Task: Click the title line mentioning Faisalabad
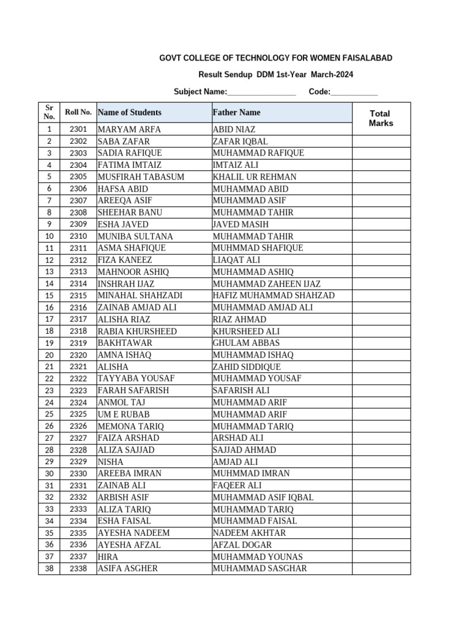pos(275,58)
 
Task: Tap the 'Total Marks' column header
pos(381,118)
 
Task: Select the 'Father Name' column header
pos(236,113)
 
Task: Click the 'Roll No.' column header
pos(78,113)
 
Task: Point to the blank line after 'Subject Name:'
pos(261,92)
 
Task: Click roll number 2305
pos(78,177)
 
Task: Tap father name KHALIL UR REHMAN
pos(254,177)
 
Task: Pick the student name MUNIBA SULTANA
pos(135,236)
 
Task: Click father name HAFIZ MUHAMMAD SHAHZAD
pos(274,296)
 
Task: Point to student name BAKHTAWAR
pos(125,343)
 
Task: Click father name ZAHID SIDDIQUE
pos(247,367)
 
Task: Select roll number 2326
pos(78,426)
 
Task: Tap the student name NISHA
pos(110,462)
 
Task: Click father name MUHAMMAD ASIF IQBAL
pos(263,497)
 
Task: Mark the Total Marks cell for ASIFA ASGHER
pos(381,569)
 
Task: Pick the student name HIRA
pos(108,557)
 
